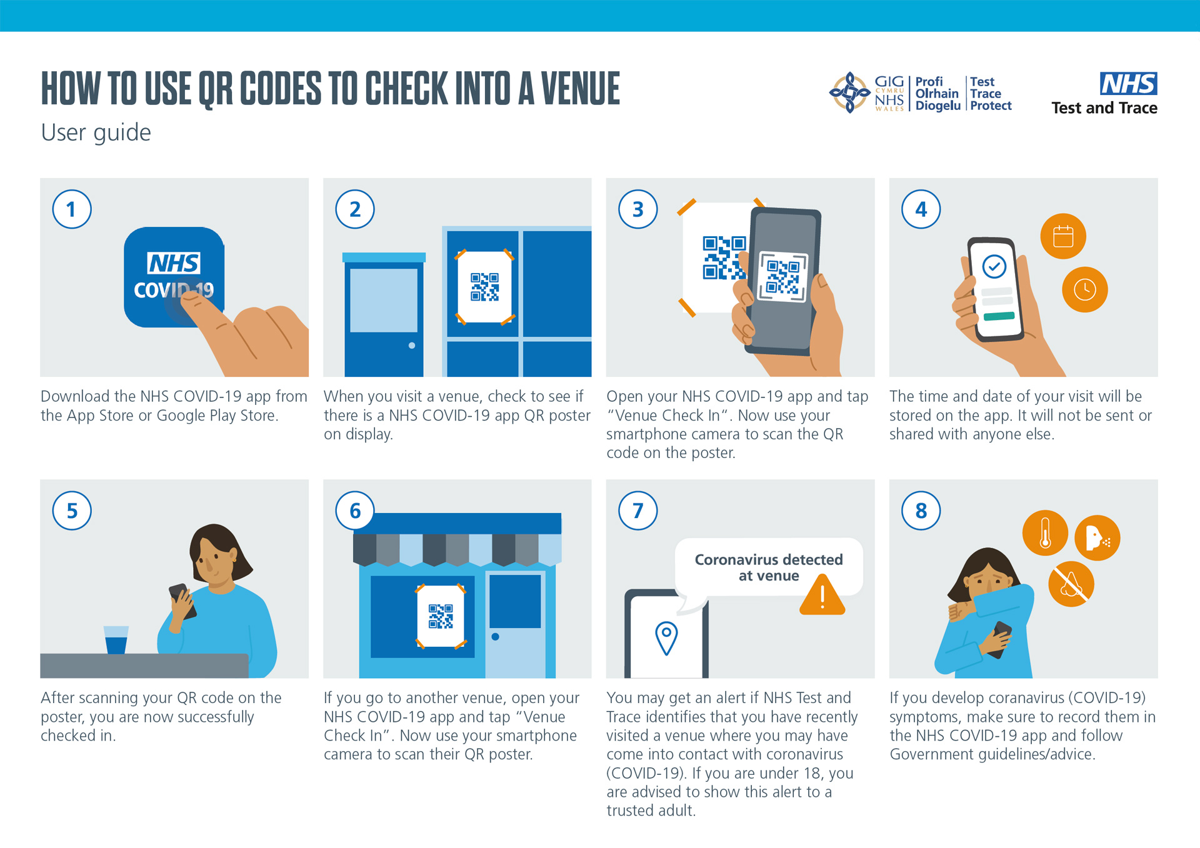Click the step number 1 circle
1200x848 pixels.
pyautogui.click(x=72, y=209)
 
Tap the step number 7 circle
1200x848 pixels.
pyautogui.click(x=638, y=511)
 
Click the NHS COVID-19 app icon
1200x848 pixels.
pyautogui.click(x=174, y=277)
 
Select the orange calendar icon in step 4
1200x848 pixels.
pyautogui.click(x=1063, y=236)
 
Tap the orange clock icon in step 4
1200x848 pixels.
pyautogui.click(x=1085, y=289)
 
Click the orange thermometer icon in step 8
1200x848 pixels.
pyautogui.click(x=1045, y=533)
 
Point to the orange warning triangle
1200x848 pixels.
pyautogui.click(x=822, y=596)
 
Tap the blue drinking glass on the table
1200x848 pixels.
pyautogui.click(x=116, y=640)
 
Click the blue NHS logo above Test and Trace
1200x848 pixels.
pyautogui.click(x=1129, y=84)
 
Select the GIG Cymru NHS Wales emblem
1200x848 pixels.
pyautogui.click(x=849, y=92)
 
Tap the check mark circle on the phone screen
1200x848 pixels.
pyautogui.click(x=994, y=267)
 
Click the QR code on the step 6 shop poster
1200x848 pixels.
pyautogui.click(x=441, y=616)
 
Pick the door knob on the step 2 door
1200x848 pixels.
pyautogui.click(x=411, y=346)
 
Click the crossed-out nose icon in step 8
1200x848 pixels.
pyautogui.click(x=1071, y=584)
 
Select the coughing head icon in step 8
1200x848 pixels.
pyautogui.click(x=1097, y=537)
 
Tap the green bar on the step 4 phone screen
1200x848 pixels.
pyautogui.click(x=999, y=316)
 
